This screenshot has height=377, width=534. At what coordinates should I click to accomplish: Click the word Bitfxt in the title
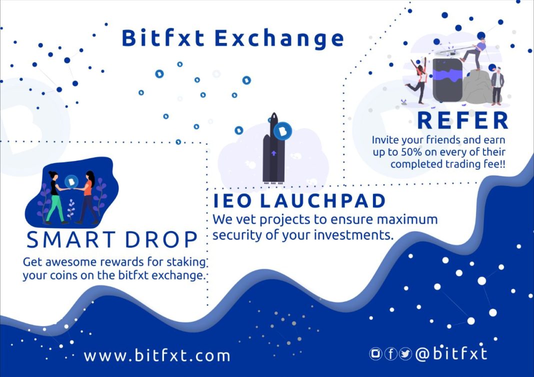163,37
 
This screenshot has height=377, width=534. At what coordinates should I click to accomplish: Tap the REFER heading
463,120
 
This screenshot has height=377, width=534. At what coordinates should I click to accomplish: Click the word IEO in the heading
232,200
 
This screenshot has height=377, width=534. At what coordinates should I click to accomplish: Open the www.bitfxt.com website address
157,355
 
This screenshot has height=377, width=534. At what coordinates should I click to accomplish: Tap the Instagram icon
375,354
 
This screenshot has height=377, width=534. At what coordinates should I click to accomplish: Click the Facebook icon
390,354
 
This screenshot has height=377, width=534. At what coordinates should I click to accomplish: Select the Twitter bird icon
405,354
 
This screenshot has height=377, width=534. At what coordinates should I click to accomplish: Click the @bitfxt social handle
451,354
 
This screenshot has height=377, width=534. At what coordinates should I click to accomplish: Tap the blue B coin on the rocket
282,131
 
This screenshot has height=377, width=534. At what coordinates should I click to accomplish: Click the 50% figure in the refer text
410,152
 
